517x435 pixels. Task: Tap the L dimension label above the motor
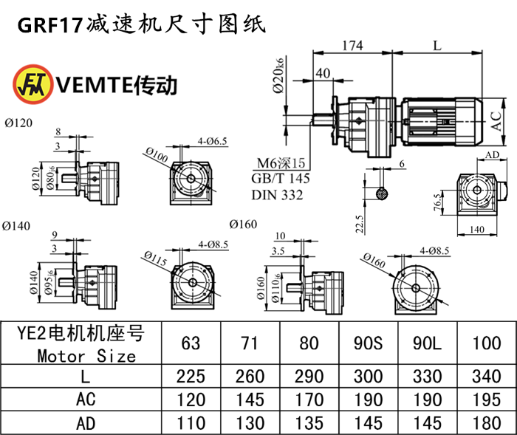tap(437, 46)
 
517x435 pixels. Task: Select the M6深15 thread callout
tap(281, 164)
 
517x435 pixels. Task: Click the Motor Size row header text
tap(87, 356)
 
